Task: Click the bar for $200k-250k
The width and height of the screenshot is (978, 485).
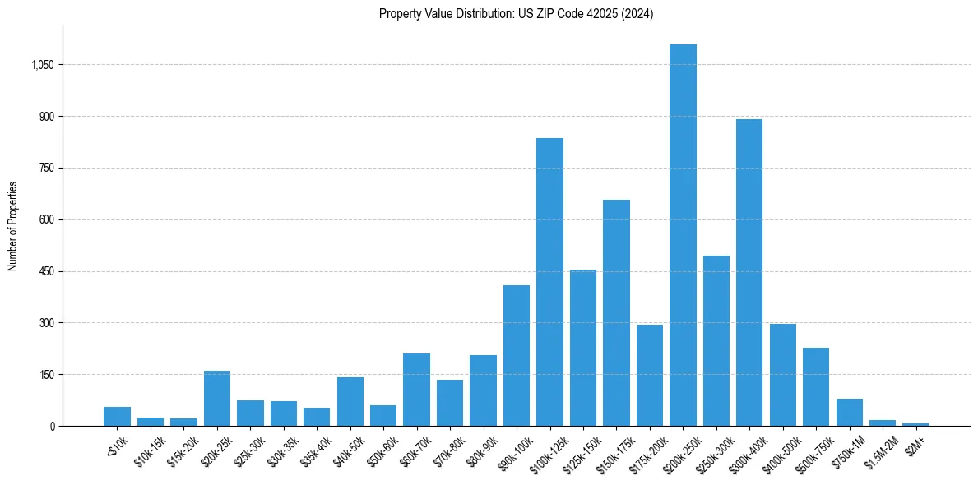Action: point(683,235)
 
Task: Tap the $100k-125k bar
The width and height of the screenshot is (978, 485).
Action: point(549,282)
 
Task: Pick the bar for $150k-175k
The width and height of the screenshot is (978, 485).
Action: point(616,313)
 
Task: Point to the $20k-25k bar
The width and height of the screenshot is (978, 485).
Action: point(217,399)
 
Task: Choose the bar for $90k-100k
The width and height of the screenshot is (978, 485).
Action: point(517,356)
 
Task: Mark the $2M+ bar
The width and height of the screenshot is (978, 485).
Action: point(915,424)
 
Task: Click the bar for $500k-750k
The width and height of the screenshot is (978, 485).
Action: point(816,387)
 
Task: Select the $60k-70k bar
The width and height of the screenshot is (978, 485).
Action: point(416,390)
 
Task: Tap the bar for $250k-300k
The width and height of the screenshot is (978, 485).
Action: point(716,341)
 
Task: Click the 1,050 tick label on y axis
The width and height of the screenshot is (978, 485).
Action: point(42,65)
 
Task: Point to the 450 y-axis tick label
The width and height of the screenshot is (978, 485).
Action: point(47,271)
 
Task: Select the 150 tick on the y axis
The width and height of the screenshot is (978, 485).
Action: point(47,375)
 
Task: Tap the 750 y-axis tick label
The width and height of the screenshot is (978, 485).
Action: point(47,169)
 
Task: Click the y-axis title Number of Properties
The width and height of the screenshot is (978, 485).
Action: point(13,225)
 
